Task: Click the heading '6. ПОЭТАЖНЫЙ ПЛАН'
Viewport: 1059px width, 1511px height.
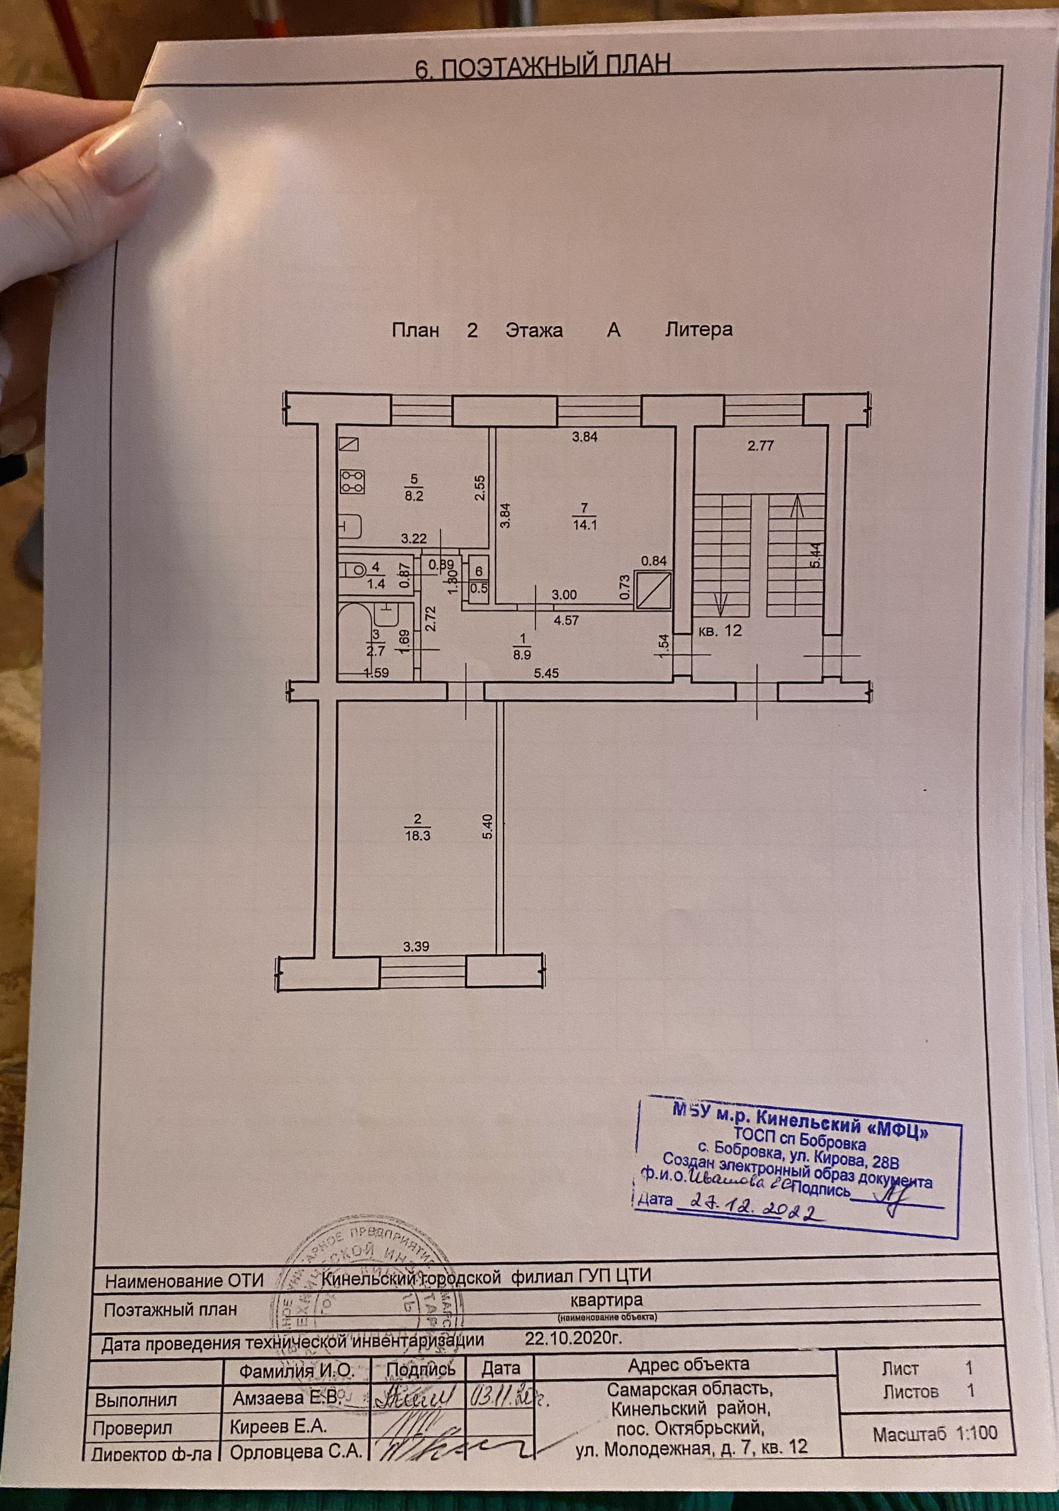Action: tap(543, 68)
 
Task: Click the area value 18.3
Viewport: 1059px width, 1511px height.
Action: tap(418, 835)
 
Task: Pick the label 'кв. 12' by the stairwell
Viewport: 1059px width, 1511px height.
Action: tap(720, 630)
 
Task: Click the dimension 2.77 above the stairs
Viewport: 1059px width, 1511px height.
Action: tap(761, 445)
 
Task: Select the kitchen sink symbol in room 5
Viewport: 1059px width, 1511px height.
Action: tap(351, 526)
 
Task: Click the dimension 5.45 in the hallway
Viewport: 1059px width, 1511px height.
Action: tap(547, 673)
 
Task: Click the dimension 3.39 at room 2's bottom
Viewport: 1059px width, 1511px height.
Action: tap(416, 947)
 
